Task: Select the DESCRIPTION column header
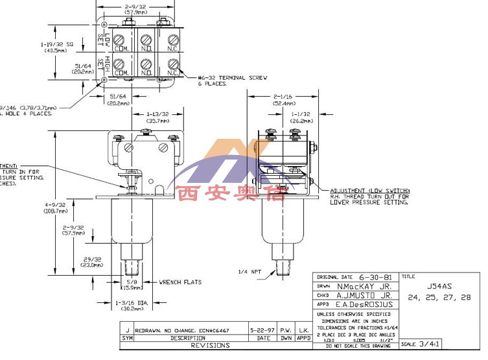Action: tap(188, 338)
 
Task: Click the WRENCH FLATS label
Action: tap(181, 282)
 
